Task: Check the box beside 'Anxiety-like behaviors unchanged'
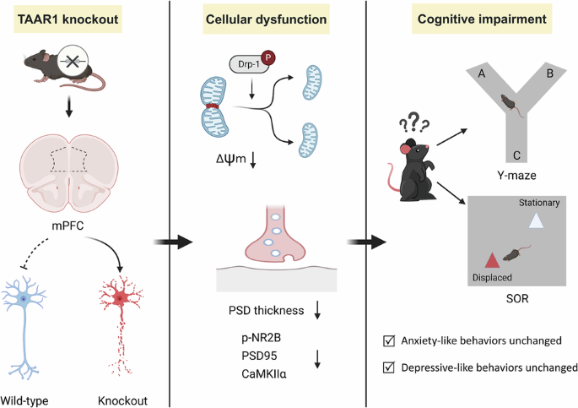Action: coord(386,340)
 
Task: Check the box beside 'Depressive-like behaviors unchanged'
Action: coord(386,367)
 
